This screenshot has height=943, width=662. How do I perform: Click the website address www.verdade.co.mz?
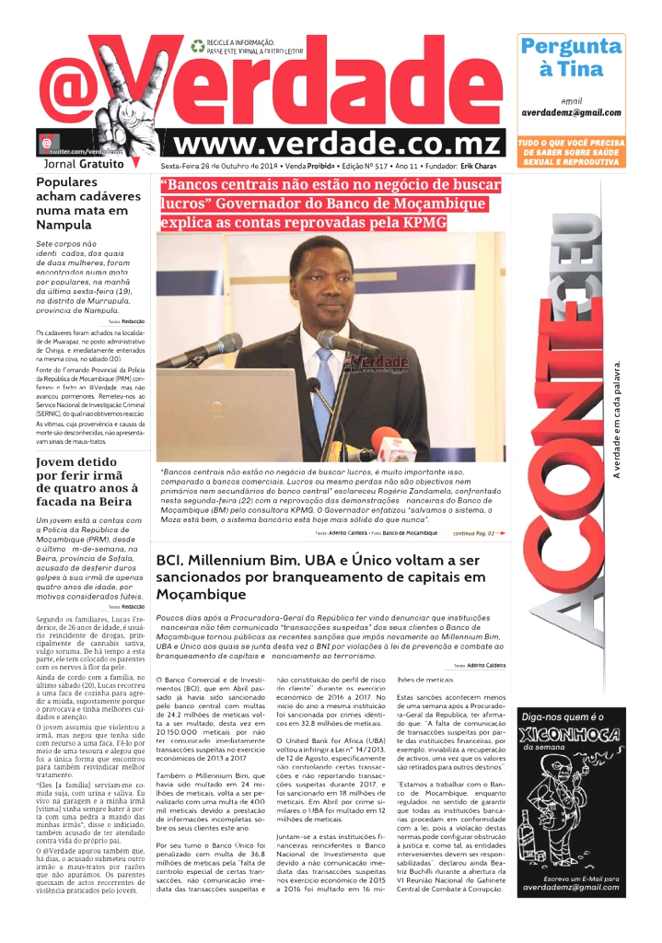click(x=338, y=145)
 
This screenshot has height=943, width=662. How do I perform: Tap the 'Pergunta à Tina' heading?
click(x=572, y=57)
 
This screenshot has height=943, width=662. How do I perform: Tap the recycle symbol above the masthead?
click(x=197, y=44)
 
